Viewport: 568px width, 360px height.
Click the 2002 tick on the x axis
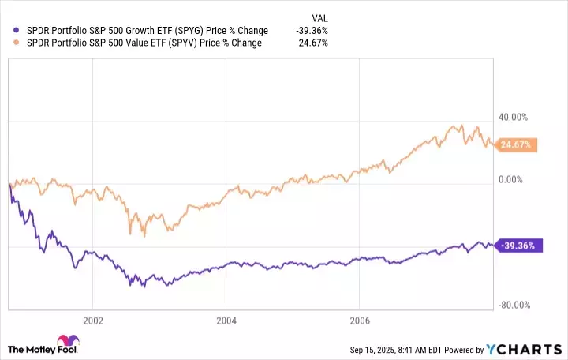[92, 321]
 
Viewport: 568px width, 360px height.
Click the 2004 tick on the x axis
[226, 321]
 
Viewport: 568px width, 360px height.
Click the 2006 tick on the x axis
[359, 321]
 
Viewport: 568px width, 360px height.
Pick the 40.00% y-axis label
[513, 118]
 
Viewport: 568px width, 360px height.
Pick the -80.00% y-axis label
[512, 306]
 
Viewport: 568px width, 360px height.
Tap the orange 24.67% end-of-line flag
[516, 144]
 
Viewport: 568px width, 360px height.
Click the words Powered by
[470, 348]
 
